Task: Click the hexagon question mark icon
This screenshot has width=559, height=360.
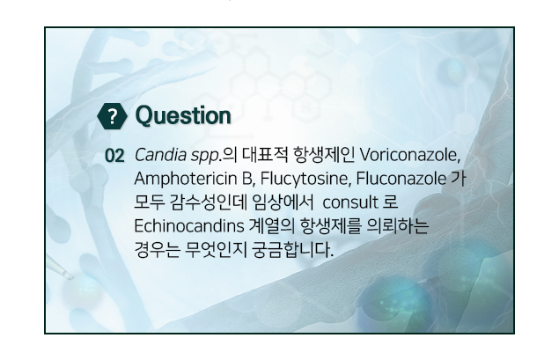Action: point(112,116)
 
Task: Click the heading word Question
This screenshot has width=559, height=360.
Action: point(183,116)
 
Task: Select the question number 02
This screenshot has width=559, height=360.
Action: point(114,156)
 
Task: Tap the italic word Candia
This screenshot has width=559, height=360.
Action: point(160,155)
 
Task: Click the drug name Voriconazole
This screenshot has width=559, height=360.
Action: point(409,155)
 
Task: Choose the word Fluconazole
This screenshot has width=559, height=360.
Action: point(401,179)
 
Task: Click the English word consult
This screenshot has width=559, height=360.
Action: point(350,202)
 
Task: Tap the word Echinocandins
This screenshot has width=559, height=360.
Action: point(189,226)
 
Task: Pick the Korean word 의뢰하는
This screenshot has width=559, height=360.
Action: point(398,226)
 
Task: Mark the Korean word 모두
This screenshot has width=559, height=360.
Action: point(150,202)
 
